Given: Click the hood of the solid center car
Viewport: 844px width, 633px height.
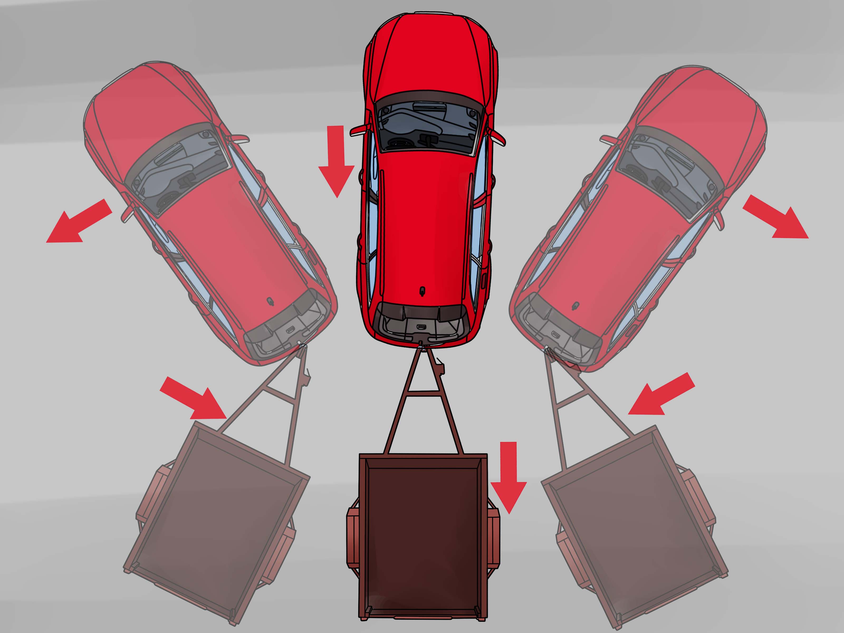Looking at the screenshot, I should (x=426, y=57).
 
